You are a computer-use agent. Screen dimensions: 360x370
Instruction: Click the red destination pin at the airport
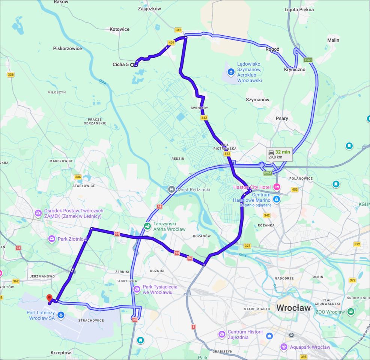(x=49, y=298)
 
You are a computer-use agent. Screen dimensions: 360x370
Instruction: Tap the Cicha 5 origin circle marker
(x=132, y=64)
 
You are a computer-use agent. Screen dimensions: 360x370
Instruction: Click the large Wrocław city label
(x=293, y=308)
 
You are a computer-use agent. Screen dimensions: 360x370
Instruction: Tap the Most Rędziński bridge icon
(x=171, y=189)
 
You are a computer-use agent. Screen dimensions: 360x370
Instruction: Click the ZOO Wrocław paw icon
(x=350, y=312)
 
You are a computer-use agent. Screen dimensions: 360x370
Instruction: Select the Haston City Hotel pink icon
(x=277, y=187)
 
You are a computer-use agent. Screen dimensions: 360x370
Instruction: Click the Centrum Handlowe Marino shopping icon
(x=277, y=199)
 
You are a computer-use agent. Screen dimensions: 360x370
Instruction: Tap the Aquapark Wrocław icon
(x=284, y=347)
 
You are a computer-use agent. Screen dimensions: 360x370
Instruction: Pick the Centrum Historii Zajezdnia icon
(x=222, y=334)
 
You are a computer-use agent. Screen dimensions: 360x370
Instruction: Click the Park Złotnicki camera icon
(x=51, y=238)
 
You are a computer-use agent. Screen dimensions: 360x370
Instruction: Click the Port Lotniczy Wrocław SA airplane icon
(x=61, y=314)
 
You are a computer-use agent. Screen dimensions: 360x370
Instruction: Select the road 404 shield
(x=171, y=43)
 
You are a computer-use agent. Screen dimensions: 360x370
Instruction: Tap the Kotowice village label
(x=119, y=29)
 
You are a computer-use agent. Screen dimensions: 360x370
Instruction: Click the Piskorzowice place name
(x=68, y=48)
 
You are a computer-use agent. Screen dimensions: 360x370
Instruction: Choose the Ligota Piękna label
(x=299, y=9)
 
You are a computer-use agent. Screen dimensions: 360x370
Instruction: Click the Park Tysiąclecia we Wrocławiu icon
(x=137, y=289)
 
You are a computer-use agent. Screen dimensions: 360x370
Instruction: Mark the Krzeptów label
(x=61, y=353)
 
